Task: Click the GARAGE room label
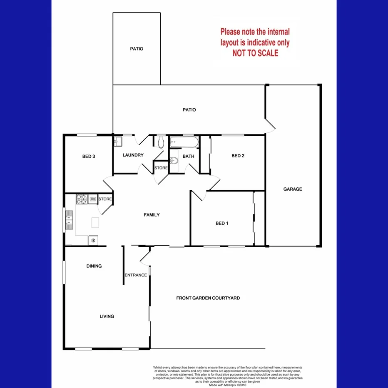(x=293, y=189)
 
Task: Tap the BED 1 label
(x=222, y=224)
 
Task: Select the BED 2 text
(x=238, y=156)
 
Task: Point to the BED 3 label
(x=89, y=157)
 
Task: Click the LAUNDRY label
(x=133, y=155)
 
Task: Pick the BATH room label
(x=189, y=157)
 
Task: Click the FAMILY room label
(x=152, y=215)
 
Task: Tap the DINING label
(x=94, y=266)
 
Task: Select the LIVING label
(x=107, y=316)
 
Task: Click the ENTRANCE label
(x=136, y=275)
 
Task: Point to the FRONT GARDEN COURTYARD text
(x=208, y=298)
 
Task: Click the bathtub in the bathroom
(x=184, y=142)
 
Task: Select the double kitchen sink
(x=69, y=221)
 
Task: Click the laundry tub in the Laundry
(x=117, y=141)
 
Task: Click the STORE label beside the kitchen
(x=105, y=199)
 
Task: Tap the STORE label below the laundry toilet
(x=161, y=168)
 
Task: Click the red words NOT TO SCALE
(x=255, y=53)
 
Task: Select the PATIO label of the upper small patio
(x=137, y=49)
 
